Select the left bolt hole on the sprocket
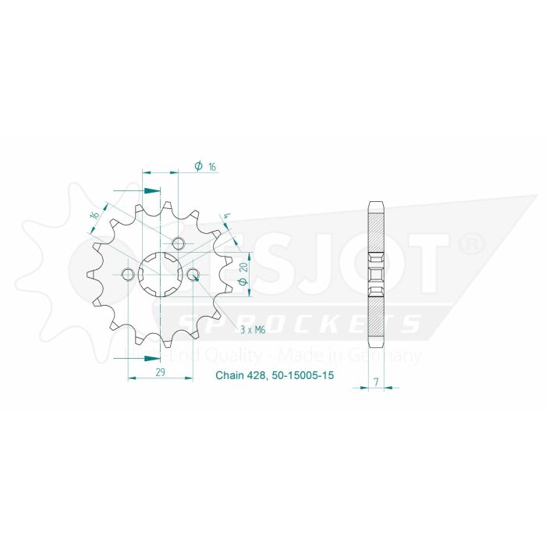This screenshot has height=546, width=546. (x=128, y=274)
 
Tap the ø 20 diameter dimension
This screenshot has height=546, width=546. (x=244, y=274)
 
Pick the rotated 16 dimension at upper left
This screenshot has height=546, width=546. (x=95, y=214)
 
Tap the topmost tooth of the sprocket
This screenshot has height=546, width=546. (x=160, y=204)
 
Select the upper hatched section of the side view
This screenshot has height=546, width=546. (x=376, y=227)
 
